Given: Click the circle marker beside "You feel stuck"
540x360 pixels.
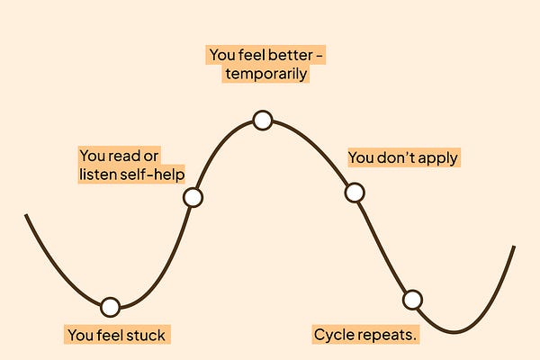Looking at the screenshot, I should click(x=110, y=307).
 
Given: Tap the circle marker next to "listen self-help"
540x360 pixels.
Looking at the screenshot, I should click(x=193, y=197).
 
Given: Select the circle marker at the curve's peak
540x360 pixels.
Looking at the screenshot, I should click(x=262, y=120).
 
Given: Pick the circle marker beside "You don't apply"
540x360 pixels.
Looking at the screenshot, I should click(x=355, y=193).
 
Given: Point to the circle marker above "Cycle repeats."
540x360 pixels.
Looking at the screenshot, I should click(x=412, y=300).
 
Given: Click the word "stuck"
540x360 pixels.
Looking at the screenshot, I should click(x=147, y=336).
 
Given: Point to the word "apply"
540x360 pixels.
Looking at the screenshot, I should click(x=437, y=158).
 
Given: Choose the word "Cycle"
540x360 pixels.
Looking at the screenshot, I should click(x=333, y=336).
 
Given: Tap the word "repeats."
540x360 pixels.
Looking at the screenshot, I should click(x=390, y=336).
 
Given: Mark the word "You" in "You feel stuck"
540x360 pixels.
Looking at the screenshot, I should click(x=81, y=336).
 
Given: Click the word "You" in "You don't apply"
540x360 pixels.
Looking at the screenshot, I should click(x=361, y=158).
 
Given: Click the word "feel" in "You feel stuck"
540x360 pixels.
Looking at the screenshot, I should click(x=111, y=336).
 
